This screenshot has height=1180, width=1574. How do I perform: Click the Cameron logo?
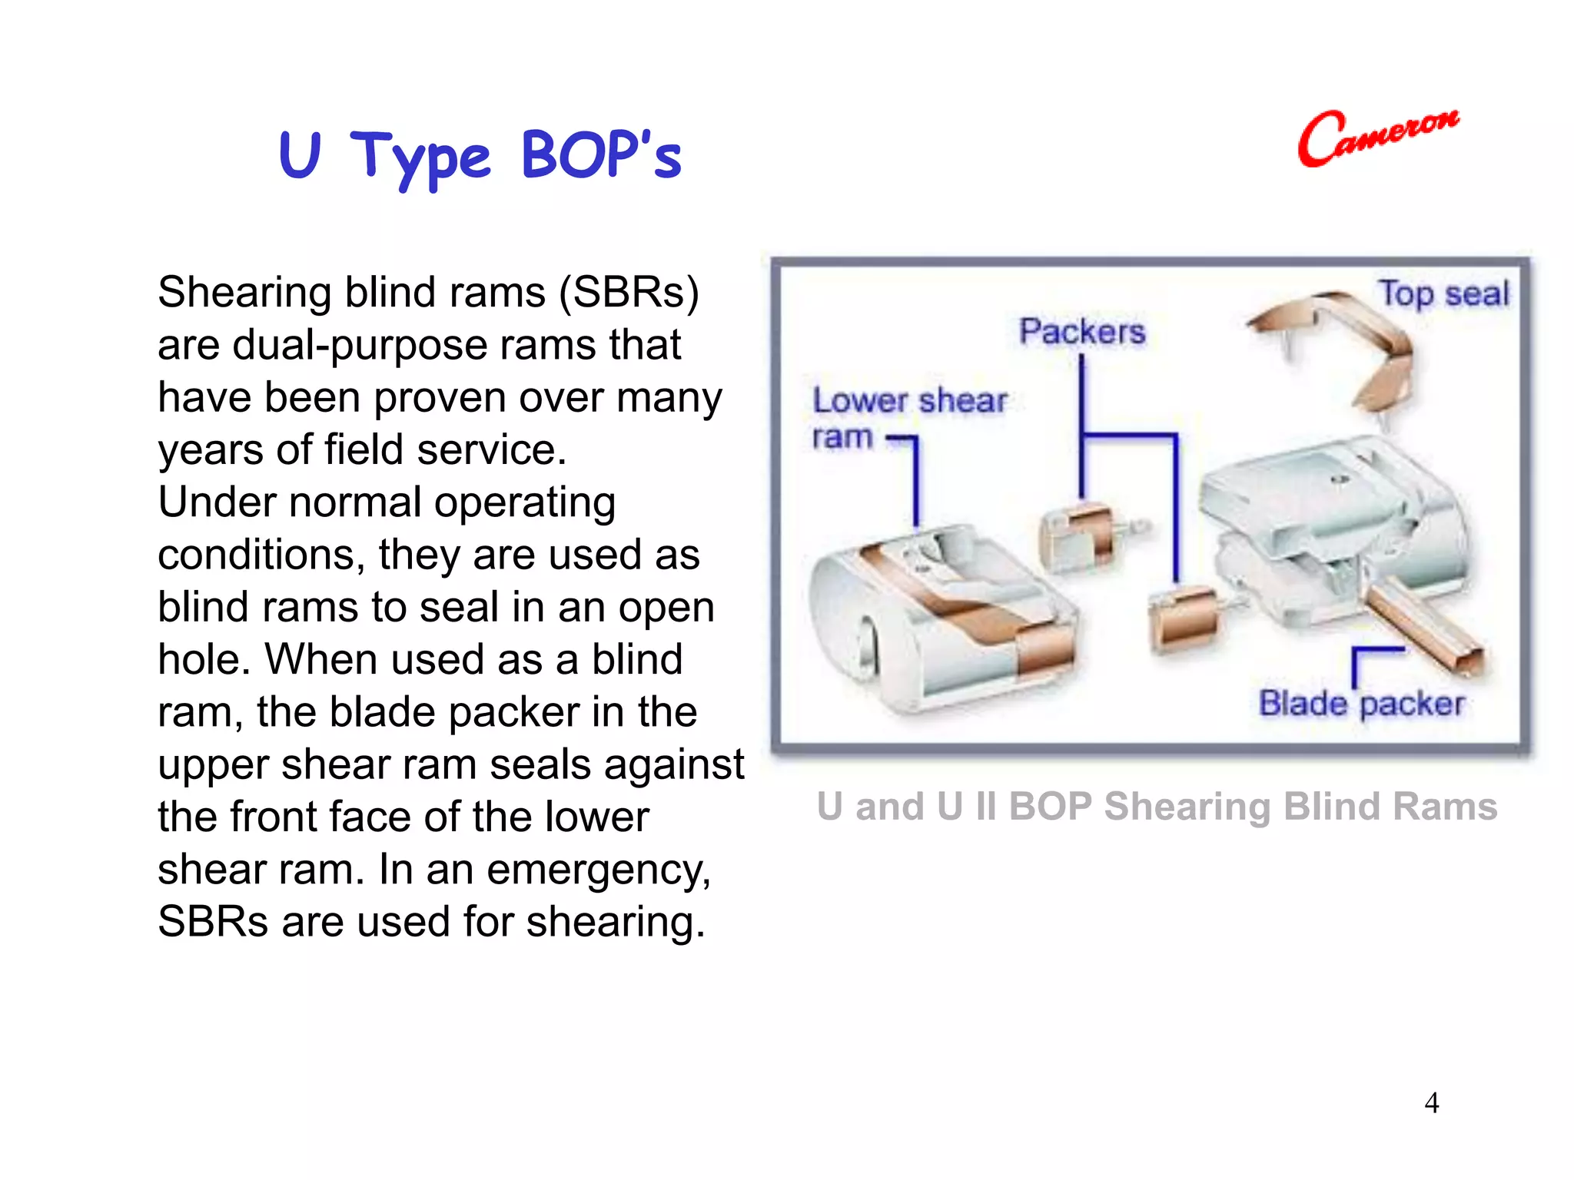tap(1377, 138)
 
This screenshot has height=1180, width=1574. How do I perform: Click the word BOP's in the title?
tap(601, 155)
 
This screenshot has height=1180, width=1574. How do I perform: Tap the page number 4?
tap(1431, 1103)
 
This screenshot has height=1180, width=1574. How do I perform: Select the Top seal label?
tap(1443, 294)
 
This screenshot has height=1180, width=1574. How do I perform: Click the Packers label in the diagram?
tap(1082, 332)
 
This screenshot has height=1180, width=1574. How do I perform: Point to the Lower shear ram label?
tap(908, 417)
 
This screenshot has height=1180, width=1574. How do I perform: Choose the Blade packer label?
tap(1360, 704)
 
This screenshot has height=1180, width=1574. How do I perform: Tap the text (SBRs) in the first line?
tap(629, 293)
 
